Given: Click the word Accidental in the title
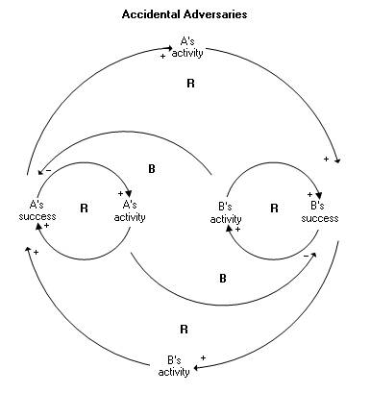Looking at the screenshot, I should [151, 15].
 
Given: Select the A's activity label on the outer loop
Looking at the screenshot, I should [186, 47].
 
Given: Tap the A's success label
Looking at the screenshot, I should [31, 209].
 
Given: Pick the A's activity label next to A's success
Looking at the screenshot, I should [129, 210].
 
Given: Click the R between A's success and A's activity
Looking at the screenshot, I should [84, 207].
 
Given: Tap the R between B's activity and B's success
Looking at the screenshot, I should [274, 207].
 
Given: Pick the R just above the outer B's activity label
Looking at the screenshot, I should [184, 328].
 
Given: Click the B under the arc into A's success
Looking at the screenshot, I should [151, 168].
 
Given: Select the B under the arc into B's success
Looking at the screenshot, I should [222, 278].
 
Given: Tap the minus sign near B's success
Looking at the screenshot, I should [305, 256].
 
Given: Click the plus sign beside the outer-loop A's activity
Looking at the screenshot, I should [162, 57].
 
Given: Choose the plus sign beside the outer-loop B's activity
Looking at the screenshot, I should [203, 357].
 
